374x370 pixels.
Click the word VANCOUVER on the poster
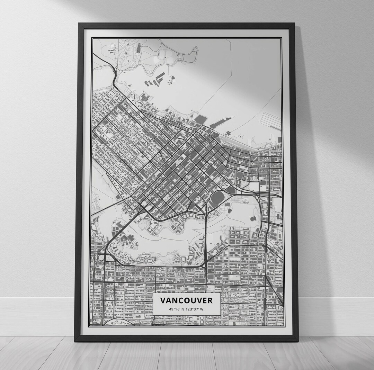pos(186,300)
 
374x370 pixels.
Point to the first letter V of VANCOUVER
pos(163,300)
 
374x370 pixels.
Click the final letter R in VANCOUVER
pos(210,300)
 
